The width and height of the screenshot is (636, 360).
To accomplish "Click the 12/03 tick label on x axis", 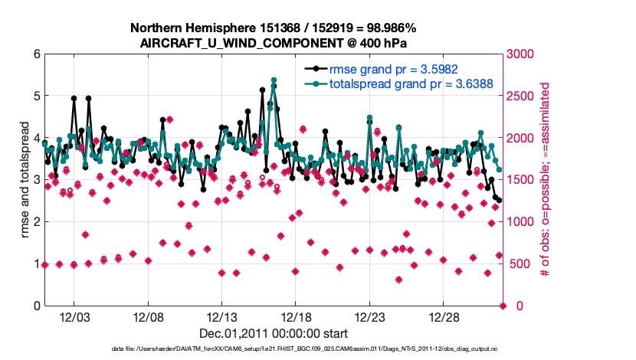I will point(74,317).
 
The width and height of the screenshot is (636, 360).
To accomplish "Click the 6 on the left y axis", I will point(35,54).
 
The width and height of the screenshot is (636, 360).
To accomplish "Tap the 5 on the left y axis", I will point(35,97).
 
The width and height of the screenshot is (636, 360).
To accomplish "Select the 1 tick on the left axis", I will point(35,264).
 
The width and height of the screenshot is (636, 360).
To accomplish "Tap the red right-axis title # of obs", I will point(546,180).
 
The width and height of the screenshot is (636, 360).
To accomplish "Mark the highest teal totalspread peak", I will point(274,80).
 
